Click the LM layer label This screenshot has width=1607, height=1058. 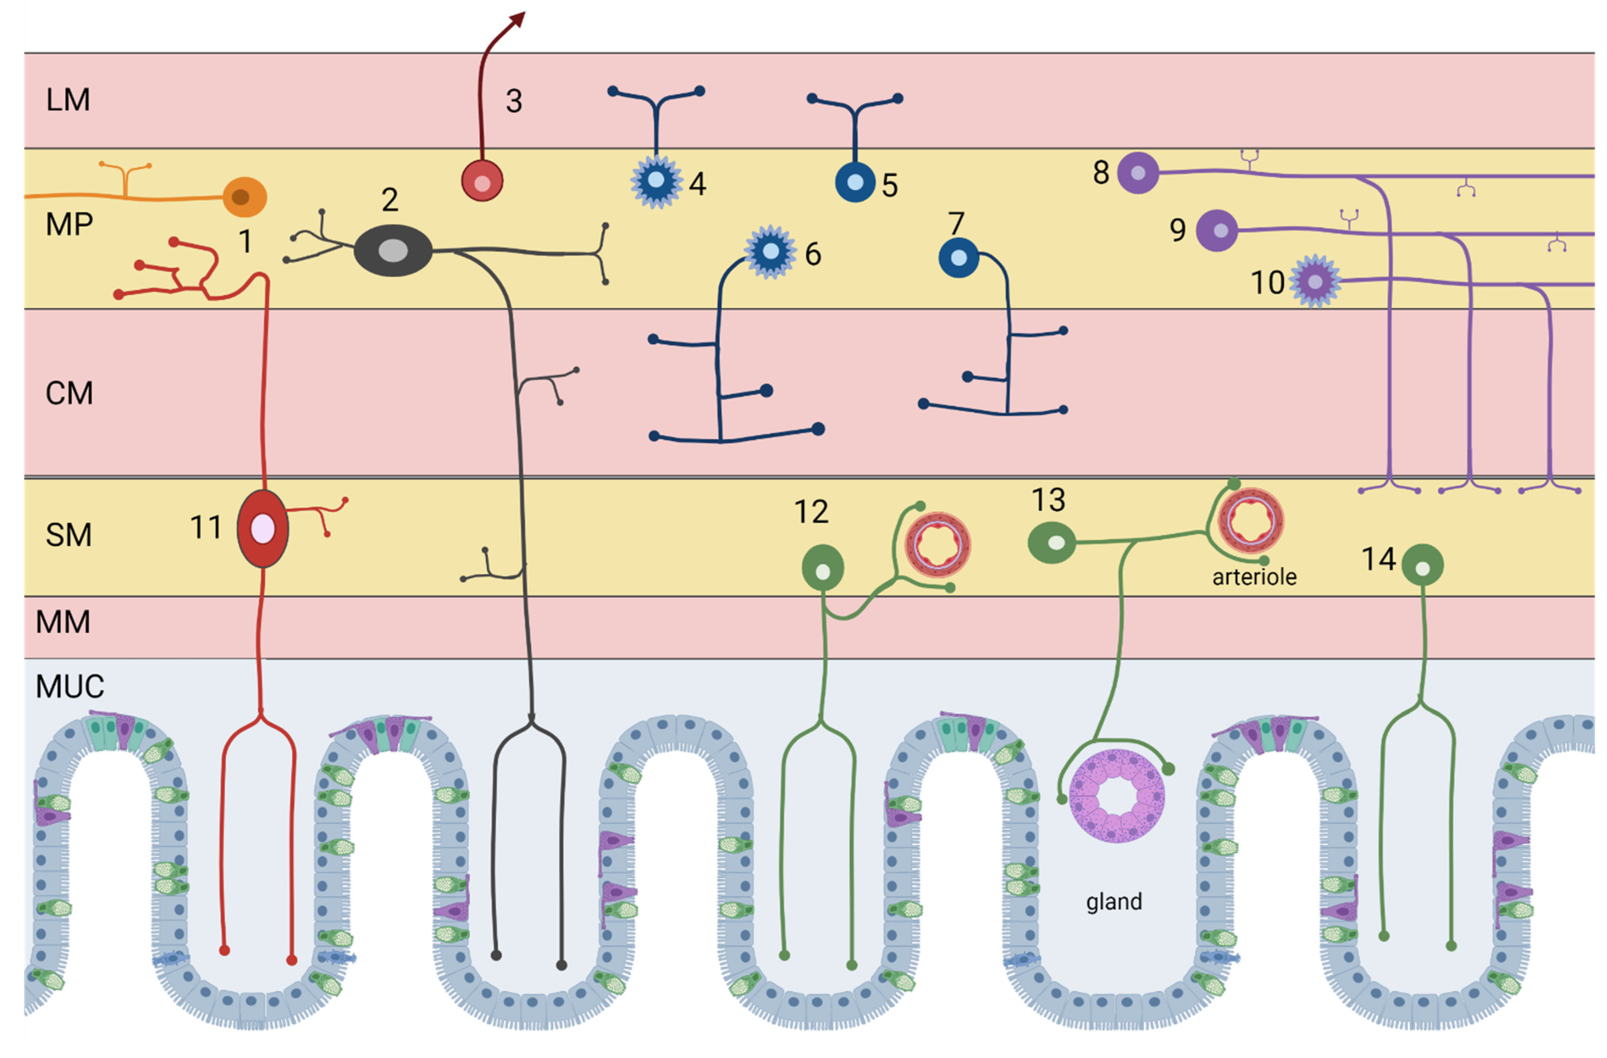tap(68, 100)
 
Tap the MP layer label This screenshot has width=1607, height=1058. tap(69, 224)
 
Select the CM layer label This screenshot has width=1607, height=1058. tap(69, 393)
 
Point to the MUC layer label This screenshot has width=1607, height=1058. tap(69, 687)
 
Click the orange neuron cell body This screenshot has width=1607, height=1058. tap(244, 197)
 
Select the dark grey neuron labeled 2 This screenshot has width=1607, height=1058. tap(393, 250)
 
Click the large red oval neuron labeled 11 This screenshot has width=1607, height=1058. tap(263, 528)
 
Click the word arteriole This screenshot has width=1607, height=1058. tap(1254, 577)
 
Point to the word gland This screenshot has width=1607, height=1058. tap(1114, 902)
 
